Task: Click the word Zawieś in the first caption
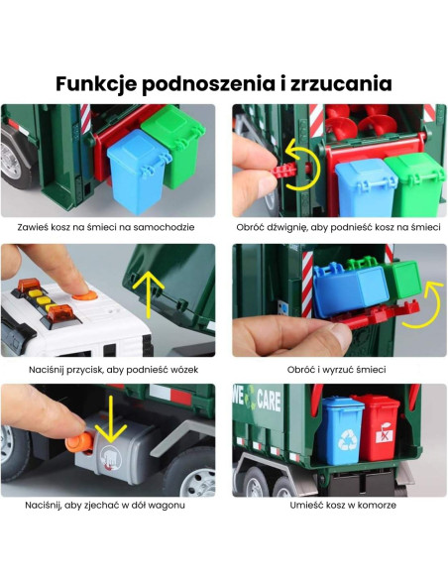pyautogui.click(x=36, y=227)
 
